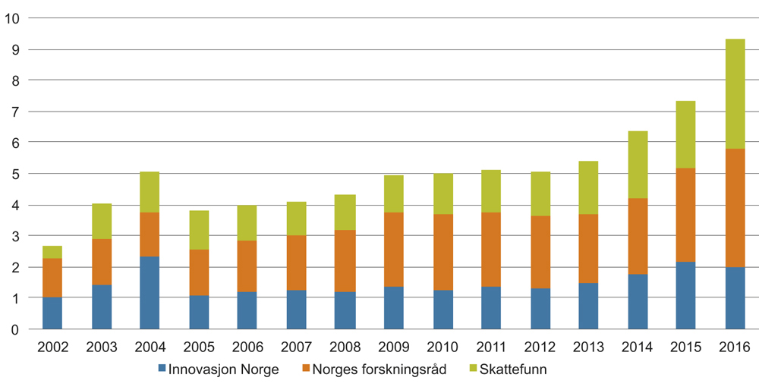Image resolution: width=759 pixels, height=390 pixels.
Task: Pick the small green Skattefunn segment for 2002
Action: [x=52, y=252]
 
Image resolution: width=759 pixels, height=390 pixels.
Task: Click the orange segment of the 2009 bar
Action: [x=393, y=250]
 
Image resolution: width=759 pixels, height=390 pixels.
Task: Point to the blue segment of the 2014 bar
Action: [x=638, y=302]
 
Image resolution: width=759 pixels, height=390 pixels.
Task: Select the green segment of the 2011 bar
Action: [x=491, y=191]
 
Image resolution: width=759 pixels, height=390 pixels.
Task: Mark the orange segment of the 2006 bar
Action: [x=247, y=266]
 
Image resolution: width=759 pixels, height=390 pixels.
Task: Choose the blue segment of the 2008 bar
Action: [x=345, y=310]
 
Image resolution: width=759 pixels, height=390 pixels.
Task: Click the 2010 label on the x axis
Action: [x=442, y=348]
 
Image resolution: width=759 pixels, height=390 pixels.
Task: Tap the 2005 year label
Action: [x=199, y=348]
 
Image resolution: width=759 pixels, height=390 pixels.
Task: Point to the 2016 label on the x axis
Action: [x=735, y=348]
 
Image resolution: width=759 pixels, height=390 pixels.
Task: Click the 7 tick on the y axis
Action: [x=14, y=112]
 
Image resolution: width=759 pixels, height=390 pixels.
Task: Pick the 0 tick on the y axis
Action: [x=14, y=330]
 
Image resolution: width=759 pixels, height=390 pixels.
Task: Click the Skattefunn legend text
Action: [x=513, y=370]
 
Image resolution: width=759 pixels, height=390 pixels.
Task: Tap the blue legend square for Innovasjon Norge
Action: [x=162, y=370]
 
